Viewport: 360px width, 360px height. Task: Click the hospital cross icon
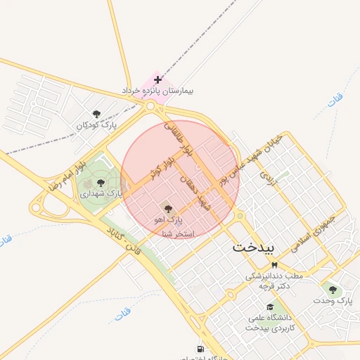[157, 79]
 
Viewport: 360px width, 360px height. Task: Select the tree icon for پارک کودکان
[96, 114]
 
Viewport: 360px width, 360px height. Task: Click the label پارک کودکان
[96, 125]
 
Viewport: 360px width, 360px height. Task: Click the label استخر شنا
[178, 233]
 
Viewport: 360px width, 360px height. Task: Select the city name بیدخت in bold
[256, 247]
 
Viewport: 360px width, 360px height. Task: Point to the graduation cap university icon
[269, 307]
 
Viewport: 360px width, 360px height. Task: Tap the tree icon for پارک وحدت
[333, 289]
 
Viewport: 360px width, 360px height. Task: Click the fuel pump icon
[201, 349]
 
